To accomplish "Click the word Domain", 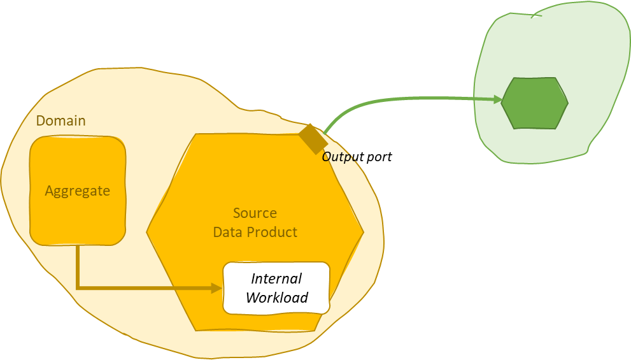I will pos(60,121).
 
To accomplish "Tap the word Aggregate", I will pos(77,191).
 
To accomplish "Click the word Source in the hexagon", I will pos(255,213).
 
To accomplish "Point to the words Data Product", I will pos(255,232).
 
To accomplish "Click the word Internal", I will pos(276,278).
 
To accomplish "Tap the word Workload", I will pos(276,298).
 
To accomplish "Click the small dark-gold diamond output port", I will pos(313,139).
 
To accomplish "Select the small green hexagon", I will pos(534,103).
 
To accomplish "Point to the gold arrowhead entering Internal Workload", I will pos(216,288).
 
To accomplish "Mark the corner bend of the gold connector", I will pos(78,288).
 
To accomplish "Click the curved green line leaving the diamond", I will pos(382,103).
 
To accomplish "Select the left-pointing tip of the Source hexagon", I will pos(148,233).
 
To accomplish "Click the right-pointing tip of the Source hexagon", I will pos(363,233).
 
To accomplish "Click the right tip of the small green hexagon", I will pos(567,103).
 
